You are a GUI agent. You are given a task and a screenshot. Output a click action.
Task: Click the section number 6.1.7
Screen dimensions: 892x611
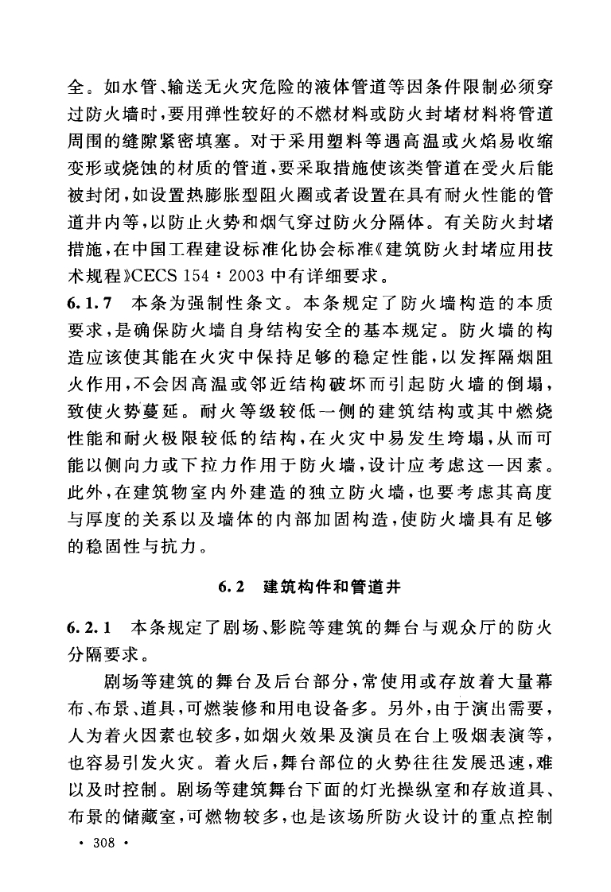[91, 303]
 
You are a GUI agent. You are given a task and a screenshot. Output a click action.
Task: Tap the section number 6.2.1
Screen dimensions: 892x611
[91, 624]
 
